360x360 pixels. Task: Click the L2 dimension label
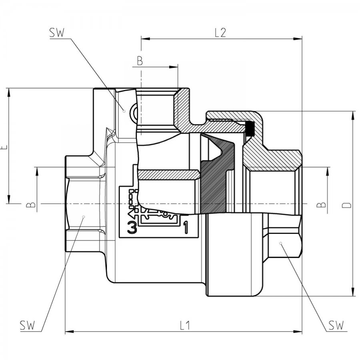[220, 33]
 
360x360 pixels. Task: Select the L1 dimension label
[185, 325]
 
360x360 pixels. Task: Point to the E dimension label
[4, 147]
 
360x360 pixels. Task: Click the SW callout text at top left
[57, 33]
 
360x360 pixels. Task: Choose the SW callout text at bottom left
[27, 325]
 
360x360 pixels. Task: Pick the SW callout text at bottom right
[336, 325]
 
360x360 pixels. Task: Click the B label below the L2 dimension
[140, 61]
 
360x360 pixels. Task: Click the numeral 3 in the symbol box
[132, 227]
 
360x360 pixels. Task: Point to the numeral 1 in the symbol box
[186, 227]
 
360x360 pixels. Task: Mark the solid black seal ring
[250, 128]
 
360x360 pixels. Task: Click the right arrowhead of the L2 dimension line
[298, 39]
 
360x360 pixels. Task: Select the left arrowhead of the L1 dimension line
[69, 332]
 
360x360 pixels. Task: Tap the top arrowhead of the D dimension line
[352, 115]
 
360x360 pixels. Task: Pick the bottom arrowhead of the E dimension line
[9, 199]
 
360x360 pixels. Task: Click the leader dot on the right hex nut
[280, 243]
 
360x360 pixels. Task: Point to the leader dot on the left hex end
[84, 216]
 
